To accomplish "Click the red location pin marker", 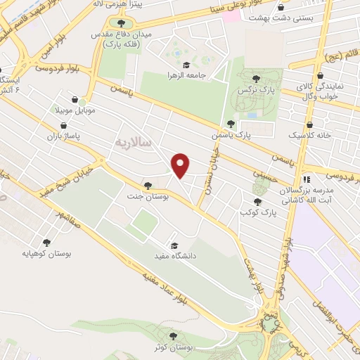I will (181, 165).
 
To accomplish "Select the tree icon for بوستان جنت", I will (147, 186).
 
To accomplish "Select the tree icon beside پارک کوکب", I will (257, 202).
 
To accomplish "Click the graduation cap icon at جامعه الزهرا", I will (186, 64).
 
